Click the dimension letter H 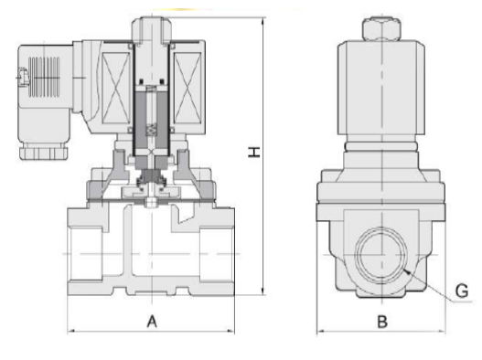click(254, 153)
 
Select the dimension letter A click(152, 322)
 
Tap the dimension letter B click(382, 322)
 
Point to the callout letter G click(461, 291)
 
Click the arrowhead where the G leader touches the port click(406, 271)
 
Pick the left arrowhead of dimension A click(71, 331)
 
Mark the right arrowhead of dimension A click(230, 331)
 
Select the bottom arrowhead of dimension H click(263, 291)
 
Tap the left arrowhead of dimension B click(321, 331)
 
